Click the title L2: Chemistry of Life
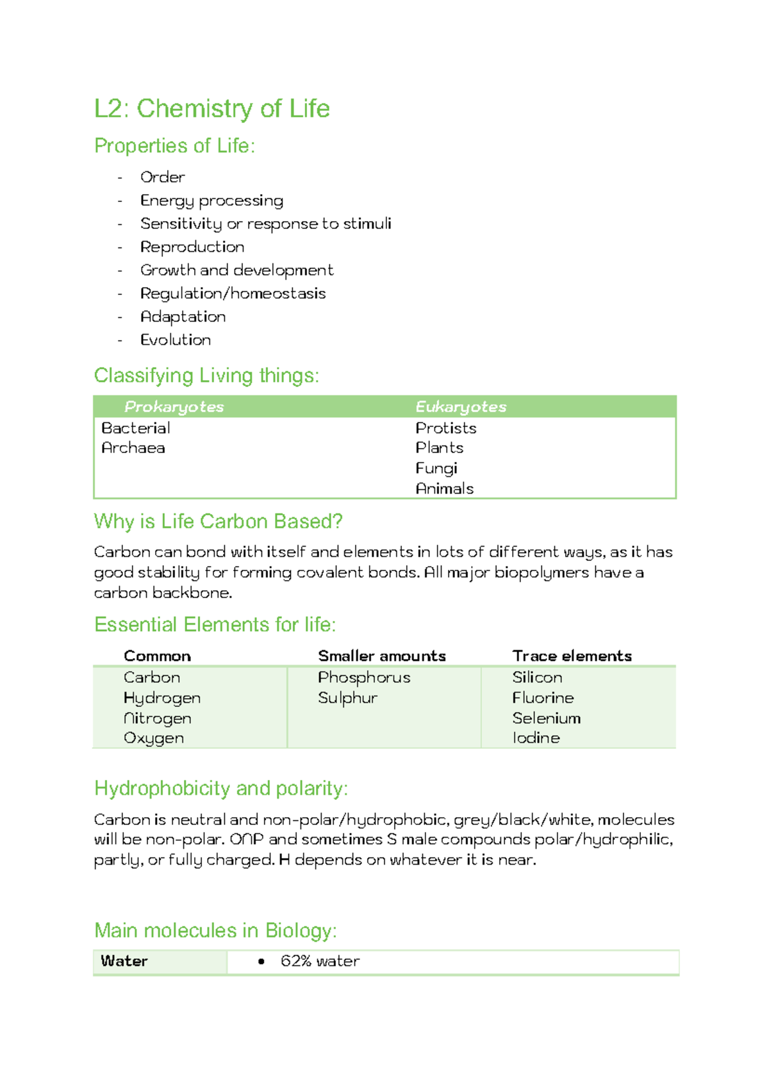[x=211, y=109]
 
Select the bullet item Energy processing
[x=211, y=201]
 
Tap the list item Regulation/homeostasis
[x=233, y=294]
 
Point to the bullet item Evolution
[x=176, y=340]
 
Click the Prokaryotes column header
[x=174, y=407]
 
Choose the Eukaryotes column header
[x=461, y=407]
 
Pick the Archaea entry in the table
[x=133, y=448]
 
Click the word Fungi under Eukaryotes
[x=436, y=469]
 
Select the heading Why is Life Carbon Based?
[x=218, y=522]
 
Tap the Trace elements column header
[x=572, y=656]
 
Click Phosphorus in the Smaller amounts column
[x=364, y=677]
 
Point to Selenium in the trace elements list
[x=546, y=718]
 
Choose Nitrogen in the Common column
[x=158, y=718]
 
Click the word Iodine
[x=536, y=738]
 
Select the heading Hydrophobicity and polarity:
[x=221, y=788]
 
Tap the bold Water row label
[x=124, y=961]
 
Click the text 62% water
[x=320, y=961]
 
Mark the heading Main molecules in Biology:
[x=215, y=931]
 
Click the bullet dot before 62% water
[x=261, y=962]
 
